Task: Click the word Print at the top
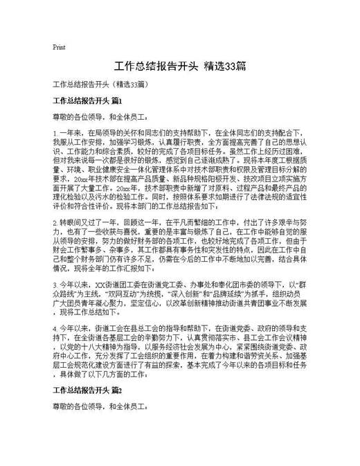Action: pyautogui.click(x=59, y=48)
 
